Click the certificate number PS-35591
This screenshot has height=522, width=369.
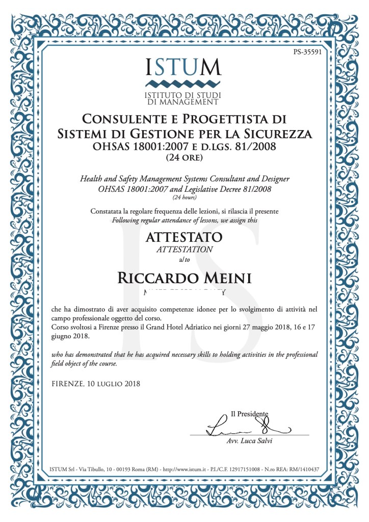(307, 52)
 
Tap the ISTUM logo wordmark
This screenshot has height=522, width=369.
(183, 67)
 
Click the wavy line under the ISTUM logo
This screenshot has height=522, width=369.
(183, 83)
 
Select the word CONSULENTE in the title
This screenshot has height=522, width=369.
(127, 119)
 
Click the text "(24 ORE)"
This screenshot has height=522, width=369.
(184, 158)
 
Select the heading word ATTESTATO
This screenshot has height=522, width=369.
(184, 237)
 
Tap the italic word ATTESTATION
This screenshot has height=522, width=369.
(184, 250)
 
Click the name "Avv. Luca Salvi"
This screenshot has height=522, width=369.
(249, 441)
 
